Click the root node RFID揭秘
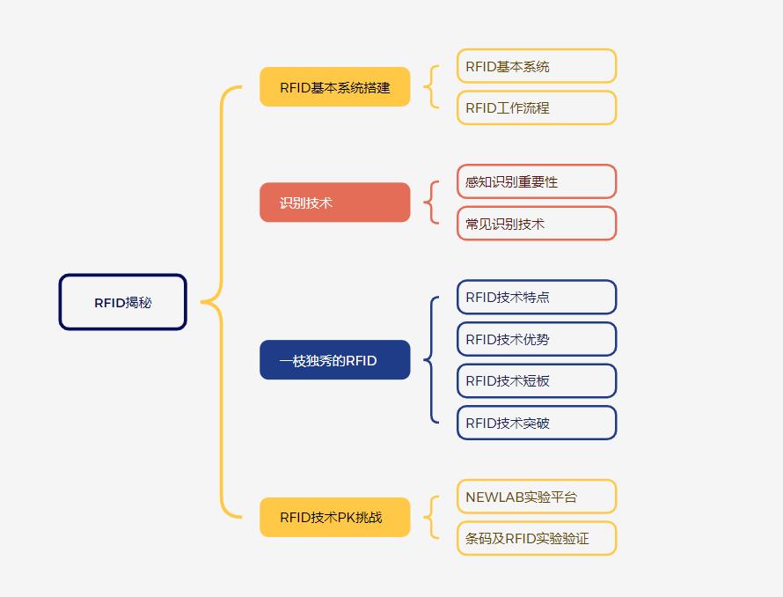[x=123, y=302]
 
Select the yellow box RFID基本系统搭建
[x=335, y=87]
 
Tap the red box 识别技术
[x=335, y=203]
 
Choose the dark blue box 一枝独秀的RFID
[x=335, y=360]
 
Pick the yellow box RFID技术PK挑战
[x=335, y=518]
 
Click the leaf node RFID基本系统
[x=537, y=66]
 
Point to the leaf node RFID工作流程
[x=537, y=107]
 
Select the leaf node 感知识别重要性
[x=537, y=181]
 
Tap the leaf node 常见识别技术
[x=537, y=224]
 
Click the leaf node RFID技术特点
[x=537, y=297]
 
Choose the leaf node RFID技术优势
[x=537, y=339]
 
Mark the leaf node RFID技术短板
[x=537, y=381]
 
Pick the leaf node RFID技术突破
[x=537, y=423]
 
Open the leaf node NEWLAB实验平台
[x=537, y=497]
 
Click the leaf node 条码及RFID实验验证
[x=537, y=539]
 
